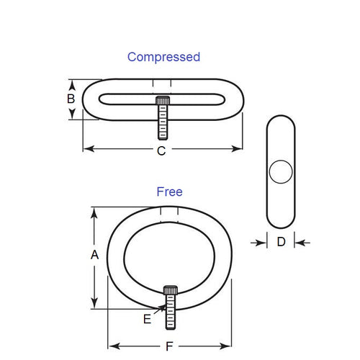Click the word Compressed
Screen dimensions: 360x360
click(x=163, y=56)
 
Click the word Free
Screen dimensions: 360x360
click(x=169, y=192)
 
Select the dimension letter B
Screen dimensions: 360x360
click(x=71, y=98)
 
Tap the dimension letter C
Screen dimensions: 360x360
click(x=161, y=150)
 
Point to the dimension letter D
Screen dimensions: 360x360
click(x=282, y=242)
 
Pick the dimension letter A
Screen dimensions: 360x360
click(x=94, y=255)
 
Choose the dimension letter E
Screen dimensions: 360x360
click(x=147, y=319)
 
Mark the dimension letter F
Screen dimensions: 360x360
click(x=169, y=345)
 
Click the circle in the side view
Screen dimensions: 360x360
click(x=280, y=172)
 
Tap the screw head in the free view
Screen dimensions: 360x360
click(x=171, y=289)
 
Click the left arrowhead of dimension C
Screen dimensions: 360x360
click(x=87, y=149)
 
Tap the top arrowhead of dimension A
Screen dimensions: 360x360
click(x=93, y=212)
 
